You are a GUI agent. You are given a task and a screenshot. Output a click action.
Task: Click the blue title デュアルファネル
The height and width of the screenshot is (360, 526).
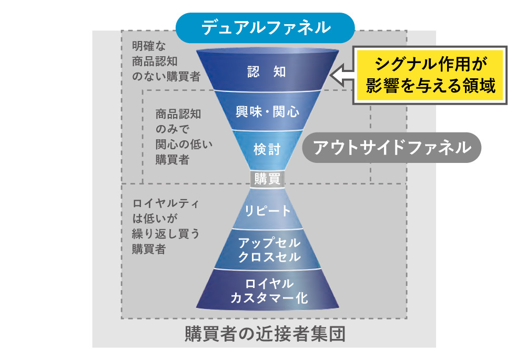pos(265,27)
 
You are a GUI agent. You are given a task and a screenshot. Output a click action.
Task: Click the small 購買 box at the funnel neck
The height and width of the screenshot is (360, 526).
pos(267,179)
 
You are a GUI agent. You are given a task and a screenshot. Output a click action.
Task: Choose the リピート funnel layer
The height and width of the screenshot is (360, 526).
pos(268,211)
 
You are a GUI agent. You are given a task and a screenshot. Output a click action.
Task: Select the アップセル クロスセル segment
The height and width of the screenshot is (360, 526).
pos(269,250)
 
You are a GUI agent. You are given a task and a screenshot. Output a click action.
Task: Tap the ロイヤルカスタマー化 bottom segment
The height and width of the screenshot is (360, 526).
pos(269,291)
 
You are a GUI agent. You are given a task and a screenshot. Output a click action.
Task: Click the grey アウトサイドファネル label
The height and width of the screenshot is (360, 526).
pos(392,147)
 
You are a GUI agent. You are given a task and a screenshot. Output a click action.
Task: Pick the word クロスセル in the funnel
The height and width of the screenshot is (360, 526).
pos(269,258)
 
